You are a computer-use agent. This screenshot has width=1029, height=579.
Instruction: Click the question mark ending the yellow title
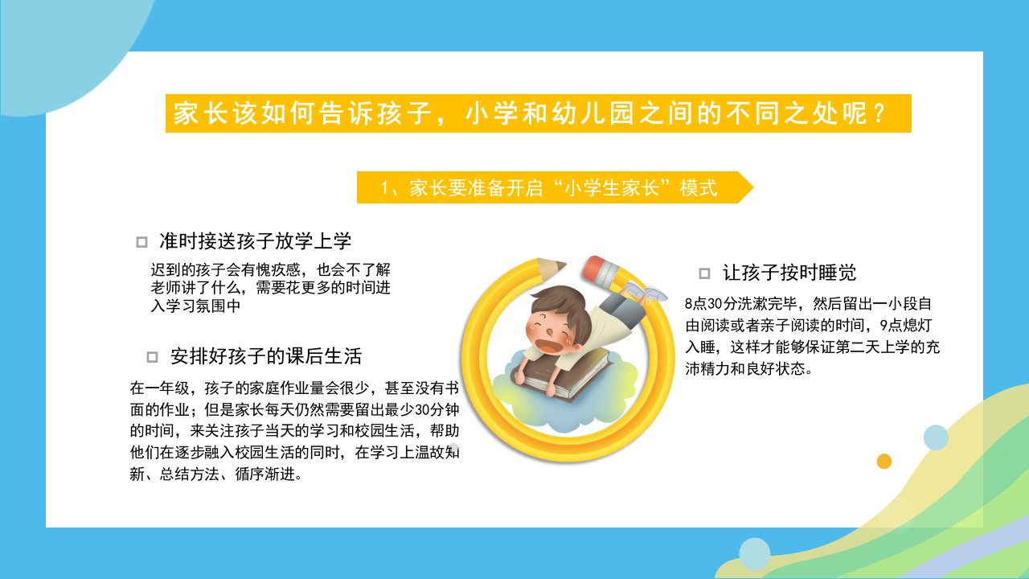[x=879, y=113]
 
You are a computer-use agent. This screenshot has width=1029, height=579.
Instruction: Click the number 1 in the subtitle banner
[x=385, y=188]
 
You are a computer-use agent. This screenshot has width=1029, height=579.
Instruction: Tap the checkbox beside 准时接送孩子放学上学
[x=142, y=242]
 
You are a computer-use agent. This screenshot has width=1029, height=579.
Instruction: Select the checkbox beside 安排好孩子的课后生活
[x=152, y=357]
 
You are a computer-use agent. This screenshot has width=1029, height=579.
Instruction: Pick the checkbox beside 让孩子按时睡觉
[x=704, y=273]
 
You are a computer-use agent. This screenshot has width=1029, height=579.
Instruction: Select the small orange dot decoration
[x=883, y=461]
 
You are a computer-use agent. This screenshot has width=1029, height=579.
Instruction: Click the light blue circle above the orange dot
[x=936, y=437]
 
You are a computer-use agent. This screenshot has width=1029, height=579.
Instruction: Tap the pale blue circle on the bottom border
[x=755, y=554]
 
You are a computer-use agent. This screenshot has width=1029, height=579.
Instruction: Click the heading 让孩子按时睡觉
[x=789, y=273]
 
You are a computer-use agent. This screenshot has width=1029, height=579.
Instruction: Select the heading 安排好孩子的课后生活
[x=266, y=356]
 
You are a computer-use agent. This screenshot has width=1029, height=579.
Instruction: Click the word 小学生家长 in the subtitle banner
[x=612, y=188]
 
